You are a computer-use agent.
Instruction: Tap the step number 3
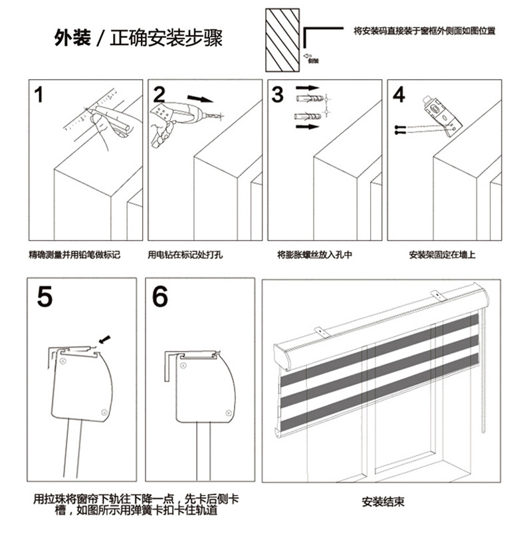point(278,94)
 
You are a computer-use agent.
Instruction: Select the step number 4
point(399,94)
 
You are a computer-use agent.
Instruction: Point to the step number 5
point(45,297)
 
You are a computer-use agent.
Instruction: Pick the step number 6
point(160,297)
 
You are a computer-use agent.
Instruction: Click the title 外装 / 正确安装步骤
point(138,38)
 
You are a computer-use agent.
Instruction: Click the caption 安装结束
point(383,502)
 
